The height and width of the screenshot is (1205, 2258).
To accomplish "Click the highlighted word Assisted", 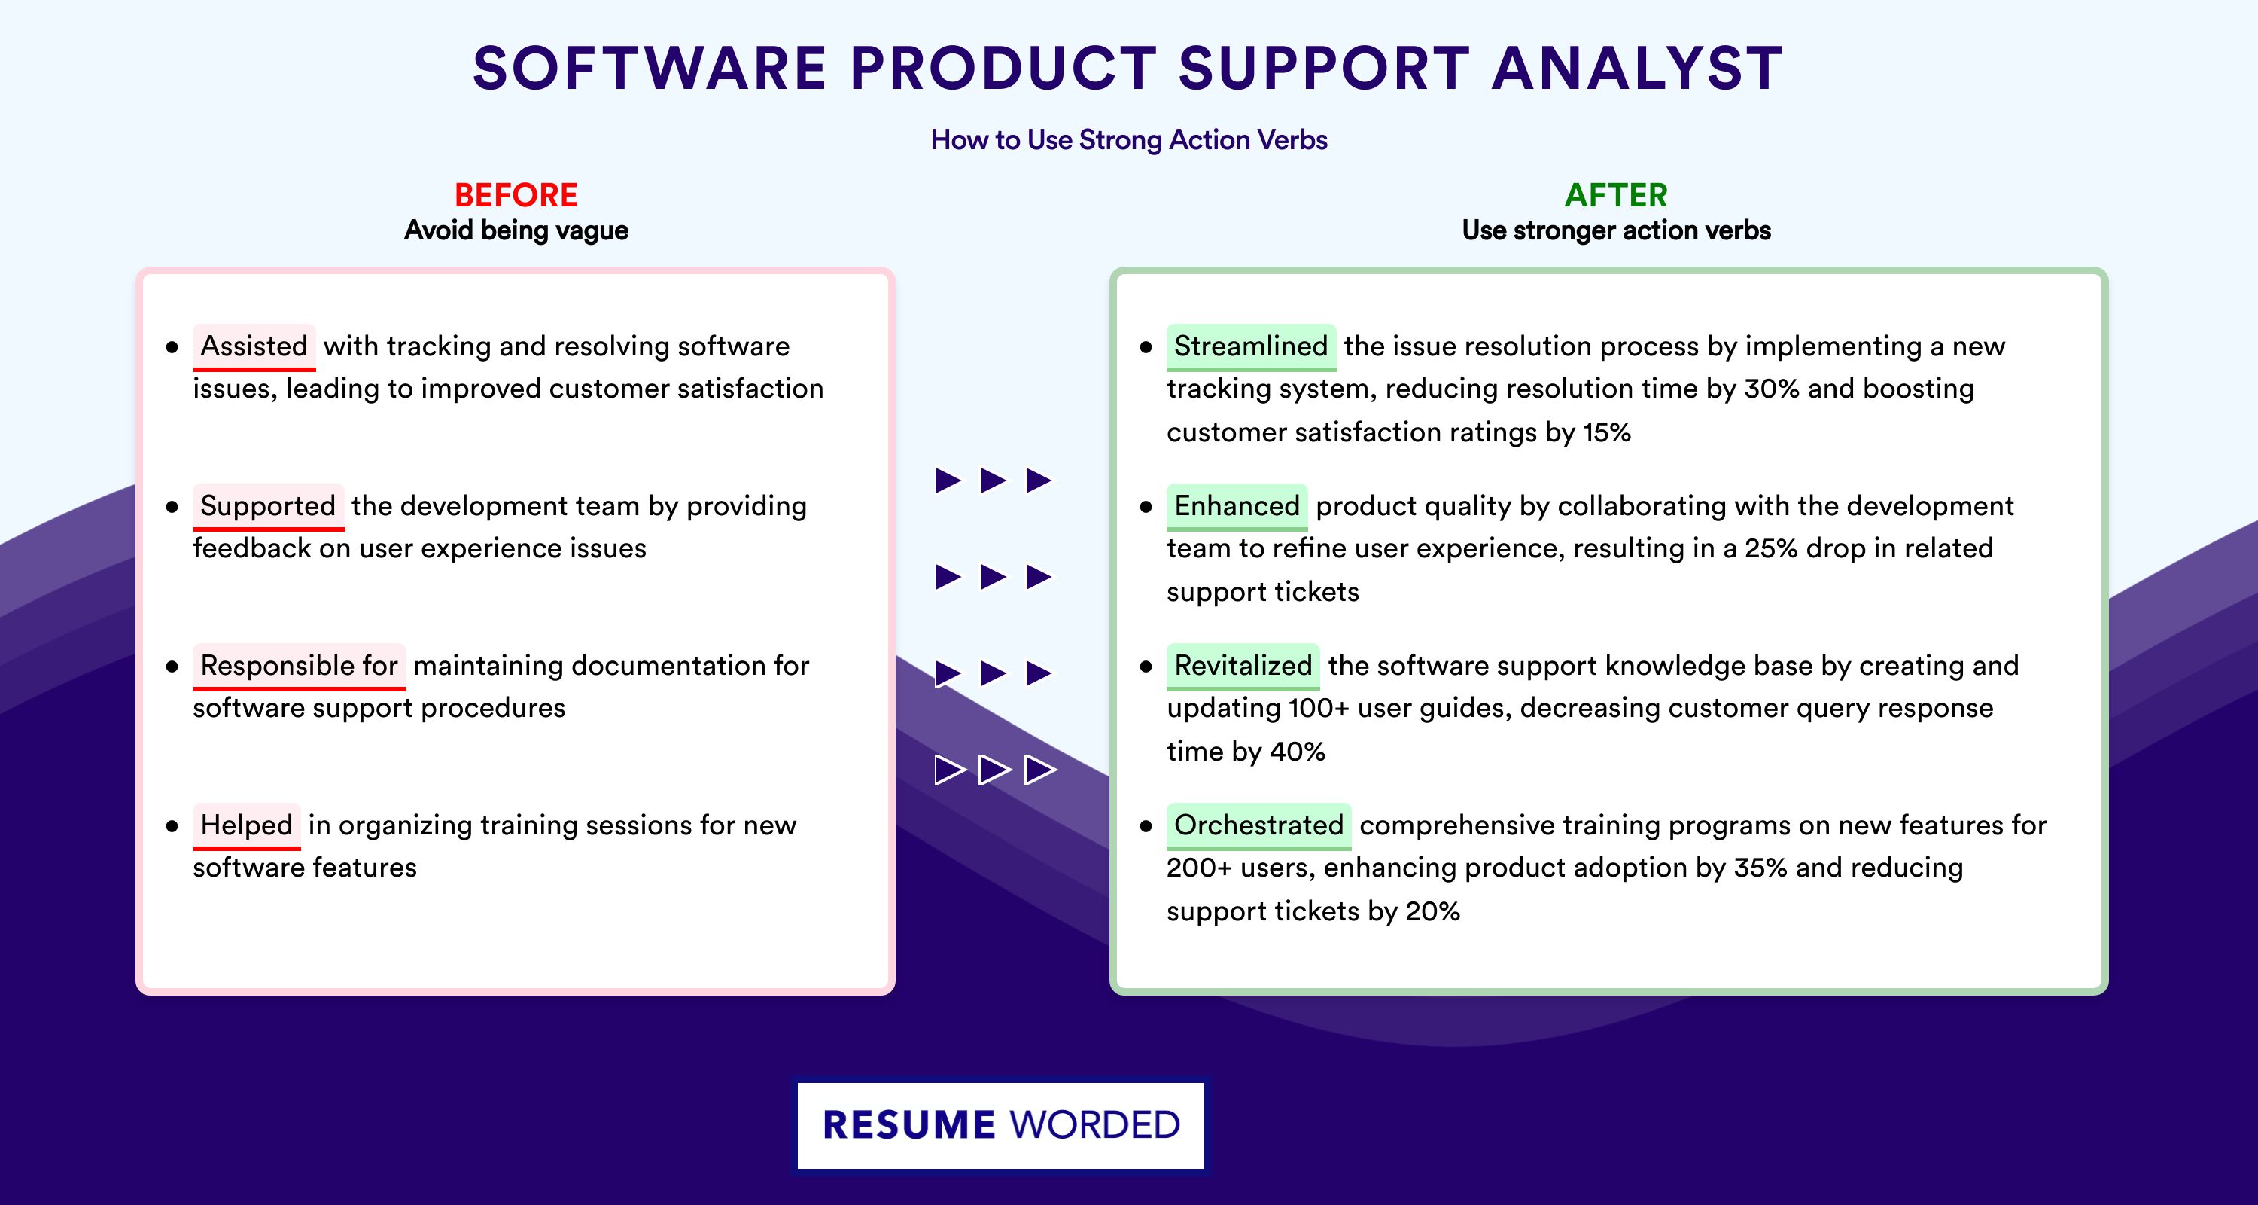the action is tap(254, 346).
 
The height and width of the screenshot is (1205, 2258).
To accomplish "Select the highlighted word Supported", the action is tap(268, 506).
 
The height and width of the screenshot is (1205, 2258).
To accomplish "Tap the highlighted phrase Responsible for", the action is tap(299, 666).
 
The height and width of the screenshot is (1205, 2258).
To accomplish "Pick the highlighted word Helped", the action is tap(246, 825).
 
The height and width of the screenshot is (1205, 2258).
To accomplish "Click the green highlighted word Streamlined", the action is tap(1251, 346).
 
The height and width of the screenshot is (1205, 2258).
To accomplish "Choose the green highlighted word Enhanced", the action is tap(1237, 506).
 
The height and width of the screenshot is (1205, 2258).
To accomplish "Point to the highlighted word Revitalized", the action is tap(1243, 666).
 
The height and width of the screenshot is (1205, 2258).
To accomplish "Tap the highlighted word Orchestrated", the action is tap(1258, 825).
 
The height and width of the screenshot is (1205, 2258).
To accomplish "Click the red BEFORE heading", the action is tap(516, 195).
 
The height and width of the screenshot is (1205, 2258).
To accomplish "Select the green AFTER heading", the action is tap(1617, 195).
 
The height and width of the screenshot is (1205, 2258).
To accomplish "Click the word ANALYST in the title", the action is tap(1637, 69).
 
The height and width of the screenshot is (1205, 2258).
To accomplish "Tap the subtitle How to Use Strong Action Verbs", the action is tap(1129, 139).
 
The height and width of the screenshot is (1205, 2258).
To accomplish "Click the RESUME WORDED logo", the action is tap(1001, 1125).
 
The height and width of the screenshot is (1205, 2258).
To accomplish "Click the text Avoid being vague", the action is tap(516, 230).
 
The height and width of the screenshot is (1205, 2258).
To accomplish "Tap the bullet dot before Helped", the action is tap(172, 826).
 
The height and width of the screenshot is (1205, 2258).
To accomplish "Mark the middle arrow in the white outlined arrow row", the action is tap(994, 770).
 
